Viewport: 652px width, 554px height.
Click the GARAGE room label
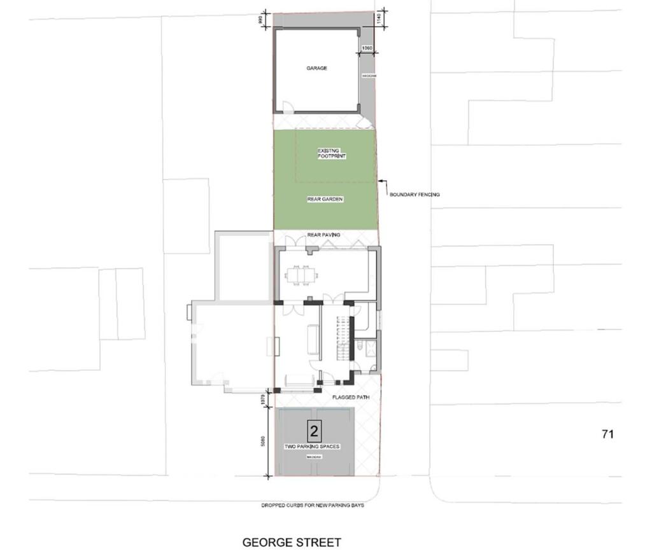(316, 68)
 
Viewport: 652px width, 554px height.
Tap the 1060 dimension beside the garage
(367, 48)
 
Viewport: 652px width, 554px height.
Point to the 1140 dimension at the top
(379, 18)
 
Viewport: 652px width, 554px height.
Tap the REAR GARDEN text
(325, 200)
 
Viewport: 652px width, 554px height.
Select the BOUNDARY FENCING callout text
(415, 195)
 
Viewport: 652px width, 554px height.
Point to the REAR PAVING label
(323, 235)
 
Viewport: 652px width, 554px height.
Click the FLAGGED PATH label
(351, 398)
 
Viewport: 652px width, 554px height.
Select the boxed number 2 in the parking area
(313, 432)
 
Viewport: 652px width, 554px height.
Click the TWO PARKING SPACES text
(312, 447)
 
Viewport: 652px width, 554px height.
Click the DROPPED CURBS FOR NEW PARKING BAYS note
(312, 506)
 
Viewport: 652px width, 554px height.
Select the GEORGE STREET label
(292, 543)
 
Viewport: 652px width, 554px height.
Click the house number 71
(607, 434)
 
